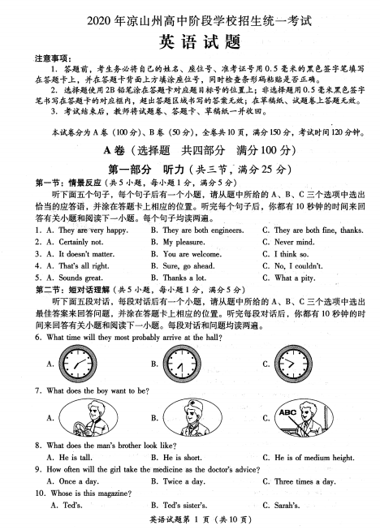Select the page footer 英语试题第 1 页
pyautogui.click(x=188, y=519)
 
